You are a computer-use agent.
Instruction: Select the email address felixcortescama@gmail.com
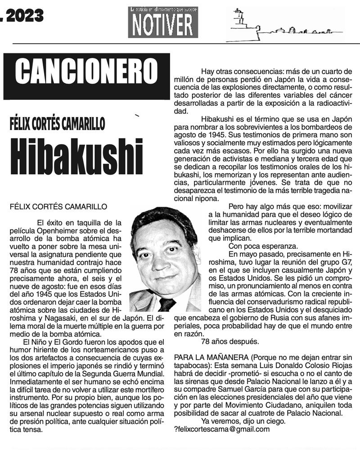223,429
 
